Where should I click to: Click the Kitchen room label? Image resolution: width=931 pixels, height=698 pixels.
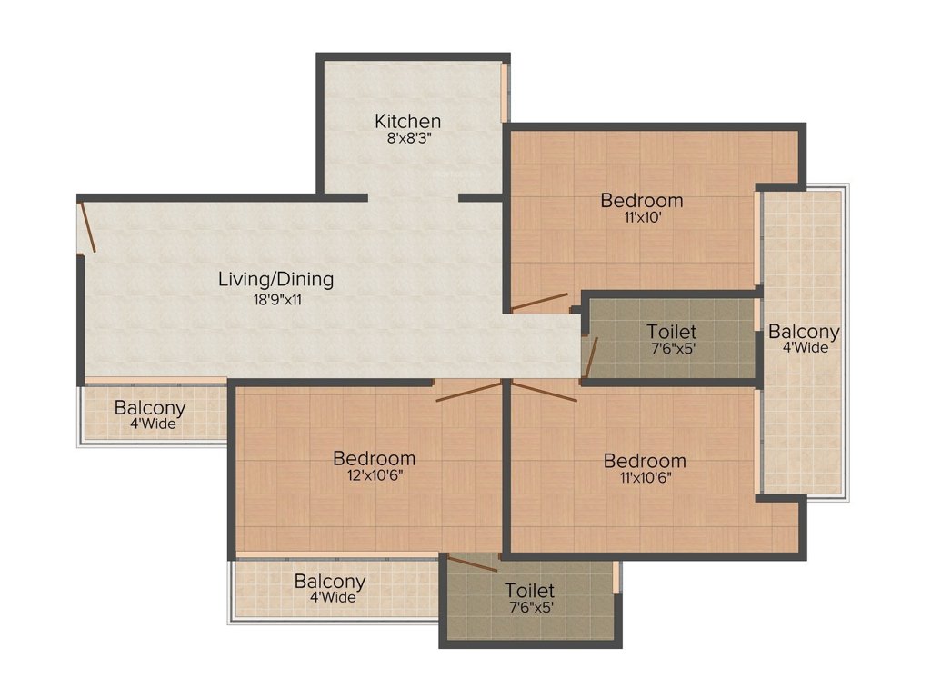408,121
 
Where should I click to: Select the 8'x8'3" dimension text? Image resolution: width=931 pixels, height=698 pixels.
408,140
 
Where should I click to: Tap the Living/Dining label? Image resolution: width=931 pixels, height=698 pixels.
275,279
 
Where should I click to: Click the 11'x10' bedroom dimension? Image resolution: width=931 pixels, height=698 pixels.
641,219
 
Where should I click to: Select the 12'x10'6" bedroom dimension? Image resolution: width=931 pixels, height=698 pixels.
374,477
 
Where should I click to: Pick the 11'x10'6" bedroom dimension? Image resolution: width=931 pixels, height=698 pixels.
645,480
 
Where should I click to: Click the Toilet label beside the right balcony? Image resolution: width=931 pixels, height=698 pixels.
672,332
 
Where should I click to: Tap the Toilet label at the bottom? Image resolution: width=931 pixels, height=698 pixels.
529,591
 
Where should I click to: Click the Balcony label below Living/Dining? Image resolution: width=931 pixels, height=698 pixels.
150,408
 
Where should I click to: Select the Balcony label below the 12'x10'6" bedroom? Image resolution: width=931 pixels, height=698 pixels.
330,581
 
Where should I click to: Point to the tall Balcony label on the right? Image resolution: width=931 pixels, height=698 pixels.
804,332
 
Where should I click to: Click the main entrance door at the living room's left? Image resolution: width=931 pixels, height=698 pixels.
87,226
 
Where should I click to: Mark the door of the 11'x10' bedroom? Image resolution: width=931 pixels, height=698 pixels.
539,303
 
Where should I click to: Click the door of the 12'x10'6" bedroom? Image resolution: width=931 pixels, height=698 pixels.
467,392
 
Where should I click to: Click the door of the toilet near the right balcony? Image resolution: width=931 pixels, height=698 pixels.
590,357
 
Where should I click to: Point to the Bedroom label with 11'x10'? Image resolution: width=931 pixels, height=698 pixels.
642,200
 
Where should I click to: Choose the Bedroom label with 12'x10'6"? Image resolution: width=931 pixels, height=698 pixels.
374,458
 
